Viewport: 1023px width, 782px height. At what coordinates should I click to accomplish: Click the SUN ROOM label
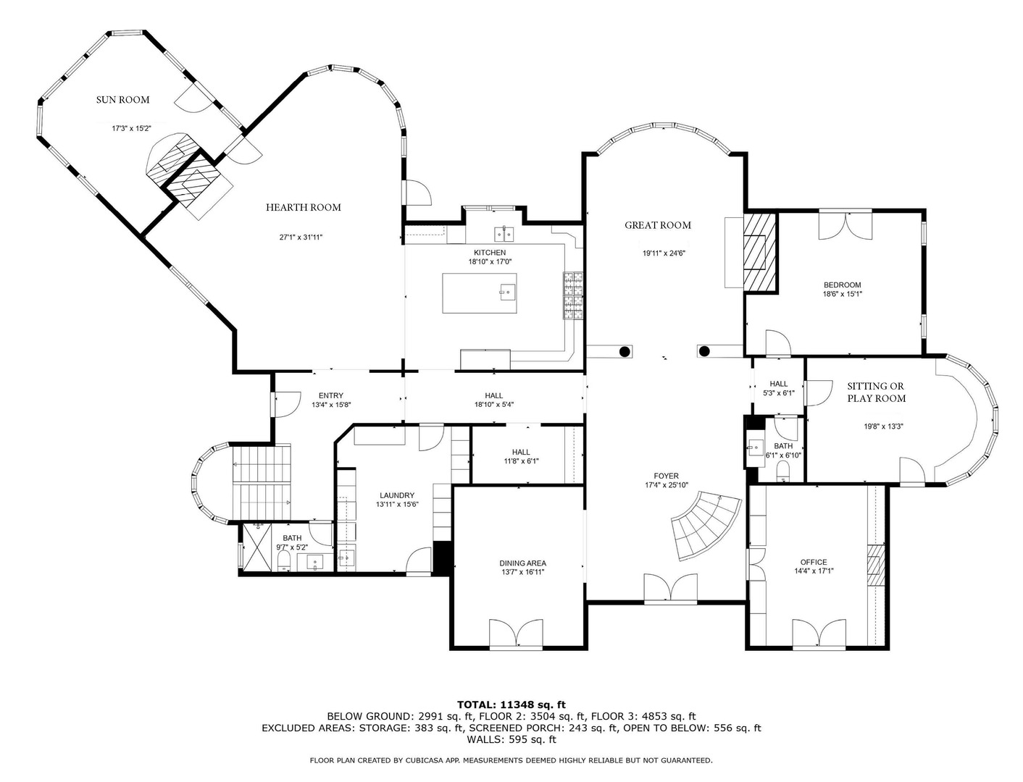click(x=123, y=100)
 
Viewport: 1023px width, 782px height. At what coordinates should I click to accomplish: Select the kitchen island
click(x=480, y=293)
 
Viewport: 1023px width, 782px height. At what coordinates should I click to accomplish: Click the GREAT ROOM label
click(x=658, y=225)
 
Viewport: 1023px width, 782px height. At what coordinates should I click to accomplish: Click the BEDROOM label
click(x=842, y=285)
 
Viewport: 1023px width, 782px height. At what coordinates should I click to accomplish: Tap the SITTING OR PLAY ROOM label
click(x=876, y=392)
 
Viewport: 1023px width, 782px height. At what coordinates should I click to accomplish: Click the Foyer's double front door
click(x=671, y=589)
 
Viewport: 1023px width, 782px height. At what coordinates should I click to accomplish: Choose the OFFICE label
click(x=813, y=562)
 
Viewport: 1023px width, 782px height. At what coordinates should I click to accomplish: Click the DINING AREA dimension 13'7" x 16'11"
click(x=522, y=572)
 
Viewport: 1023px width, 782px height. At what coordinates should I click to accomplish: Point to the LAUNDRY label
click(x=396, y=495)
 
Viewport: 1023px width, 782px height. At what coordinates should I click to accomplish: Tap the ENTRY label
click(x=330, y=395)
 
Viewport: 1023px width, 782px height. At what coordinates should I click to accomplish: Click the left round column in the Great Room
click(x=624, y=352)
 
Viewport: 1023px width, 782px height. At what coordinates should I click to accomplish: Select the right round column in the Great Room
click(x=703, y=352)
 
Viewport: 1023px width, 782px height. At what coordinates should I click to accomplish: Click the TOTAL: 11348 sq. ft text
click(x=511, y=704)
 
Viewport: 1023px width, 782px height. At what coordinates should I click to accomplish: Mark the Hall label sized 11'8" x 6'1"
click(x=521, y=452)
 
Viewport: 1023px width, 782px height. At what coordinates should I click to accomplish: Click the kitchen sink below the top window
click(x=504, y=233)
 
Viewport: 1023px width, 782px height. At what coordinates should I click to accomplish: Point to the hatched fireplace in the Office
click(x=877, y=565)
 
